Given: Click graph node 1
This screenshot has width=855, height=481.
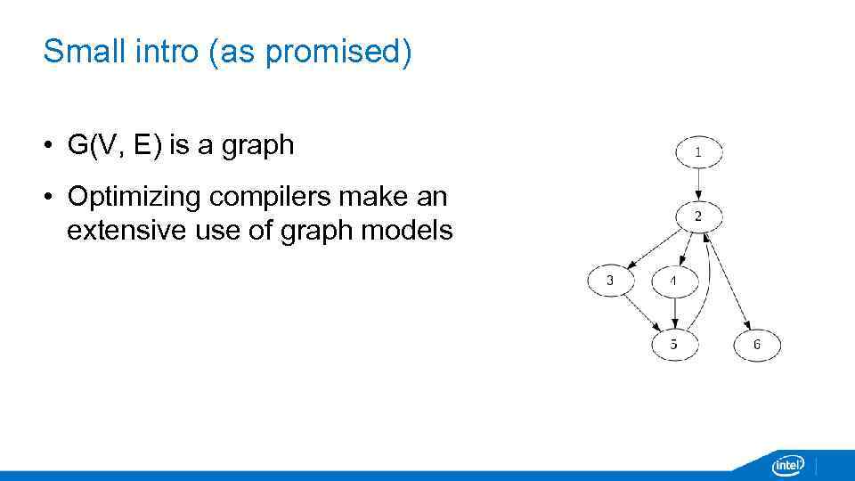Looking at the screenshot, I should click(x=698, y=152).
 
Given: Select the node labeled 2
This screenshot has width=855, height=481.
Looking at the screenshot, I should click(x=698, y=216).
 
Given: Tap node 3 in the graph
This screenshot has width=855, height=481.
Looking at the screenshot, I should click(x=610, y=281).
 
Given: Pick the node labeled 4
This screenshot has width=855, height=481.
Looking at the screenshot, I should click(x=674, y=281).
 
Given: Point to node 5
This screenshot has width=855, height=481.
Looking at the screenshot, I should click(x=674, y=344).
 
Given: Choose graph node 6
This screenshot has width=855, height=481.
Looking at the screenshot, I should click(x=757, y=344).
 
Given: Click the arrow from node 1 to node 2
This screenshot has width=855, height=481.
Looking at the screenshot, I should click(x=698, y=184).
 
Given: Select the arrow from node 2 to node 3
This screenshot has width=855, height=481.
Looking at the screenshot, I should click(x=655, y=249).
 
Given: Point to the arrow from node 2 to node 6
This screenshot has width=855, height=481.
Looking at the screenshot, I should click(x=729, y=281).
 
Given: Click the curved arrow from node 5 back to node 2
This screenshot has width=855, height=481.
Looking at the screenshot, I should click(x=708, y=285).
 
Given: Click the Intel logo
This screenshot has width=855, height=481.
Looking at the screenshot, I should click(x=787, y=465).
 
